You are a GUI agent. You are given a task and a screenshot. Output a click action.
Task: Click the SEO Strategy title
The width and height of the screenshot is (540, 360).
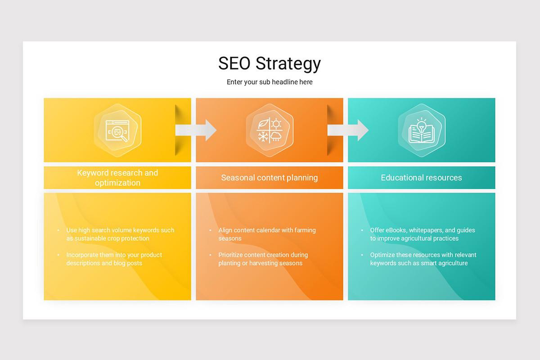269,63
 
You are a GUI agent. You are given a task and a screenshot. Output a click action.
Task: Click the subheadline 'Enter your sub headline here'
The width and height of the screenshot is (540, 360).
270,82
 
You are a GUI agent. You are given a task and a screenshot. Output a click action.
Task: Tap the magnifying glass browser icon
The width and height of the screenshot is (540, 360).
117,130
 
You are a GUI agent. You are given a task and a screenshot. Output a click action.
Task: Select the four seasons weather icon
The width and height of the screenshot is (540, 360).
269,130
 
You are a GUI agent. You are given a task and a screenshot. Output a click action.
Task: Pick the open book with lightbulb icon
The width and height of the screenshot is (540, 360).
421,130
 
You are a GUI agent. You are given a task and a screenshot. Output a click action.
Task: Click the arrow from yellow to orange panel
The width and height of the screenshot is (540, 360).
196,130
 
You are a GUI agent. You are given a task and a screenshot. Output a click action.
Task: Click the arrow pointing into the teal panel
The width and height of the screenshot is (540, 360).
348,130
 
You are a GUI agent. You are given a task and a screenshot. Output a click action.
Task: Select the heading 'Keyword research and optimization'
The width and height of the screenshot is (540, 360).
117,178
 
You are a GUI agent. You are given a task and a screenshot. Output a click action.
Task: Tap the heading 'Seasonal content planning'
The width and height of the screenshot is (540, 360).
269,178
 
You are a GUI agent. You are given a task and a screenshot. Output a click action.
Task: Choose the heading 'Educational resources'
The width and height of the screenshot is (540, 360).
421,178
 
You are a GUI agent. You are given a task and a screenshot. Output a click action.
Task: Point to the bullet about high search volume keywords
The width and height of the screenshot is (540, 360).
120,234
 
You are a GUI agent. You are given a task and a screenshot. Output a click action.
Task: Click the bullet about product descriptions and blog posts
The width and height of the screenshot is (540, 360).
114,259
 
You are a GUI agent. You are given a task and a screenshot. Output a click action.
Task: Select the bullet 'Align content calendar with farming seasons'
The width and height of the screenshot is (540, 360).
267,234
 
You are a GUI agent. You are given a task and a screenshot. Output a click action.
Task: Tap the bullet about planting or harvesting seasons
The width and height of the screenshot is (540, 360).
263,259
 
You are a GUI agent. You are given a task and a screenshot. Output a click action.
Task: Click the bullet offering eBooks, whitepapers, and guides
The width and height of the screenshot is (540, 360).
422,234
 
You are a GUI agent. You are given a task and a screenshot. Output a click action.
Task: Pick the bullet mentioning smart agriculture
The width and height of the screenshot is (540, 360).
423,259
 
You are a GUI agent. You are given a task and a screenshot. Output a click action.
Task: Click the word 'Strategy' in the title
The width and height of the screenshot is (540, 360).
288,63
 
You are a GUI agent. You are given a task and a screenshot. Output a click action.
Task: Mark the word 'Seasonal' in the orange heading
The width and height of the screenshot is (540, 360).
238,178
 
